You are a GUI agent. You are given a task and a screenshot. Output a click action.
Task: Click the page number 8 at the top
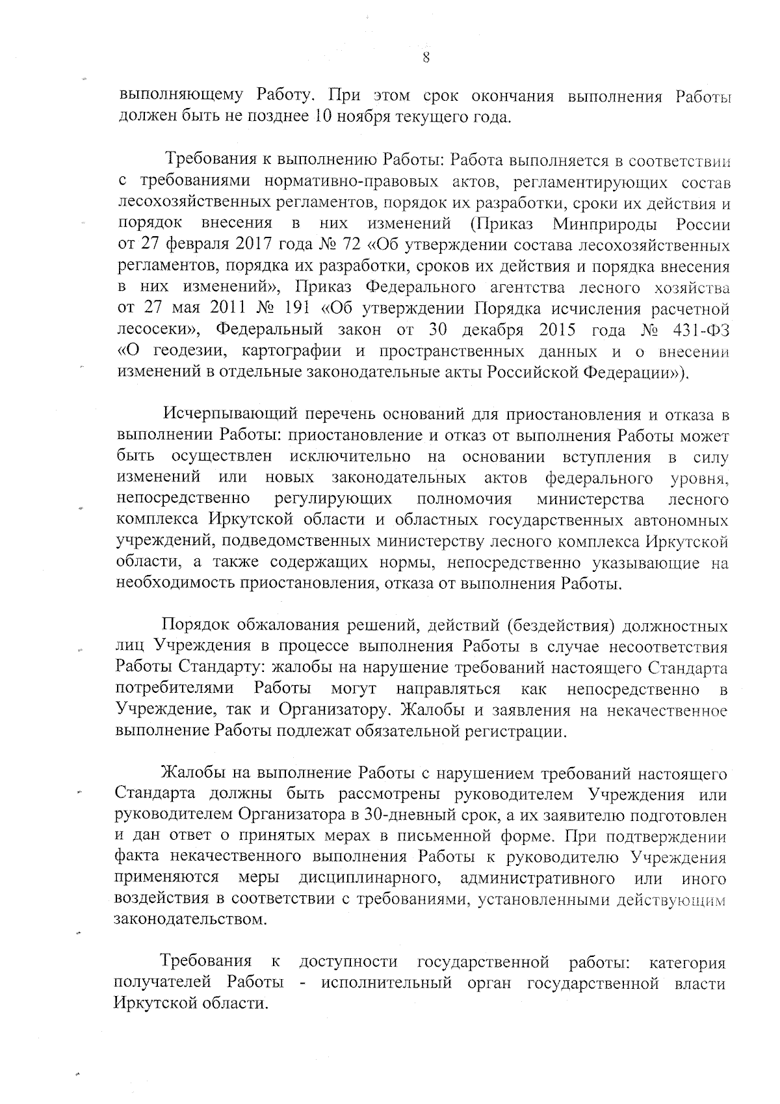[x=426, y=57]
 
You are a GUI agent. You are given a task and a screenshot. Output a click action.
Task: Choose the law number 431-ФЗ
[x=699, y=330]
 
